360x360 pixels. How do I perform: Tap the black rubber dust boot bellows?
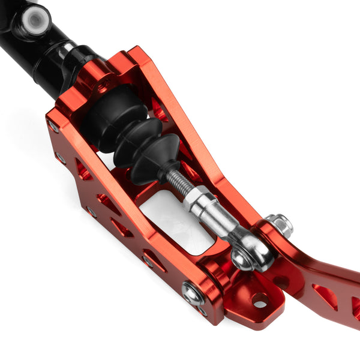point(129,138)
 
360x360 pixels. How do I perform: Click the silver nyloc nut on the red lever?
point(280,224)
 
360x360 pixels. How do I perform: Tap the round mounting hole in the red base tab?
point(259,301)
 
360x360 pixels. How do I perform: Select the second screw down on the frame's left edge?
point(61,158)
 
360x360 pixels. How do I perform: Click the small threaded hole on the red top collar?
point(108,81)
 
